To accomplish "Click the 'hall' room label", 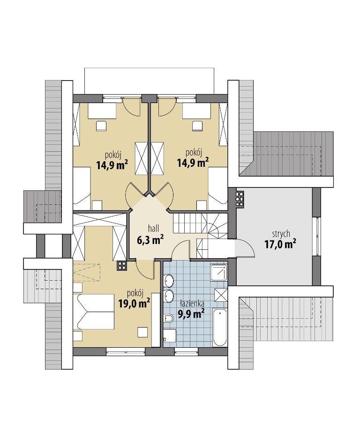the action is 153,228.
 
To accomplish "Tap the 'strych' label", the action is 281,234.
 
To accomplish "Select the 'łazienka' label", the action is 192,303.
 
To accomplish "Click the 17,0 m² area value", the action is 280,245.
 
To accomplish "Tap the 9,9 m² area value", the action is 191,314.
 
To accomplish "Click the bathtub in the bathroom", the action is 220,328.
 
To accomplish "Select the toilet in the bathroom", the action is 169,318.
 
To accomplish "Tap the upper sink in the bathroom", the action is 169,281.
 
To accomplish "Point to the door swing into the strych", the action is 245,247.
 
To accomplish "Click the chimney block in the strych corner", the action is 240,198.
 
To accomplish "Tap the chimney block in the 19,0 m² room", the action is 122,265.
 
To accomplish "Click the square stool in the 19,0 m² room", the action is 143,332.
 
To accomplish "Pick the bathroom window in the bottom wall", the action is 186,351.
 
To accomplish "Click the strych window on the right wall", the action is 316,236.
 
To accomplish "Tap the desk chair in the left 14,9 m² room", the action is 101,126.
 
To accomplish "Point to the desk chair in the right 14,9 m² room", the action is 197,126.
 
